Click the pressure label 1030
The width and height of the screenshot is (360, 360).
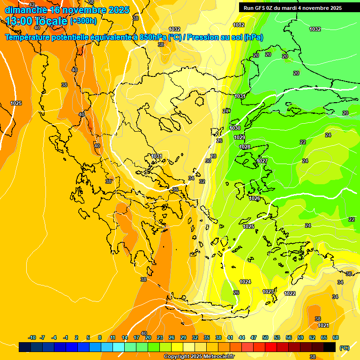pos(235,128)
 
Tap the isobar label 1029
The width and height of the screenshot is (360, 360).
pos(239,137)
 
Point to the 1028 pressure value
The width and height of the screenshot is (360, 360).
pos(245,147)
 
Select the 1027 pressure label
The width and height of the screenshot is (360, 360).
pos(262,161)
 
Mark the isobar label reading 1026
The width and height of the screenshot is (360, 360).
pos(255,198)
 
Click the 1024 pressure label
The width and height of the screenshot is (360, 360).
pos(245,282)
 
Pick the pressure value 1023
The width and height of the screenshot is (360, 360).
pos(268,292)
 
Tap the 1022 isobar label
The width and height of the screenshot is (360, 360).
pos(290,293)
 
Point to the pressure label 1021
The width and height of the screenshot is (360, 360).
pos(323,325)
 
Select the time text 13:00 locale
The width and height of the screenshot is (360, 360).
pos(37,21)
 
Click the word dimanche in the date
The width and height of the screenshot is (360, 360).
pos(25,10)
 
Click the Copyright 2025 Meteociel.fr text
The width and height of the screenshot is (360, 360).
pos(199,357)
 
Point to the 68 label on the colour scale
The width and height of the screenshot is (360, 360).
pos(336,337)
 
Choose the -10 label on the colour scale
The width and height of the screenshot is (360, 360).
pos(32,337)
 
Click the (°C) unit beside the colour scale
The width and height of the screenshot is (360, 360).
pos(344,348)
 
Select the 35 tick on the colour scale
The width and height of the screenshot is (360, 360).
pos(207,337)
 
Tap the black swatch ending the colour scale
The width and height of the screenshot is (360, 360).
pos(330,347)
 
